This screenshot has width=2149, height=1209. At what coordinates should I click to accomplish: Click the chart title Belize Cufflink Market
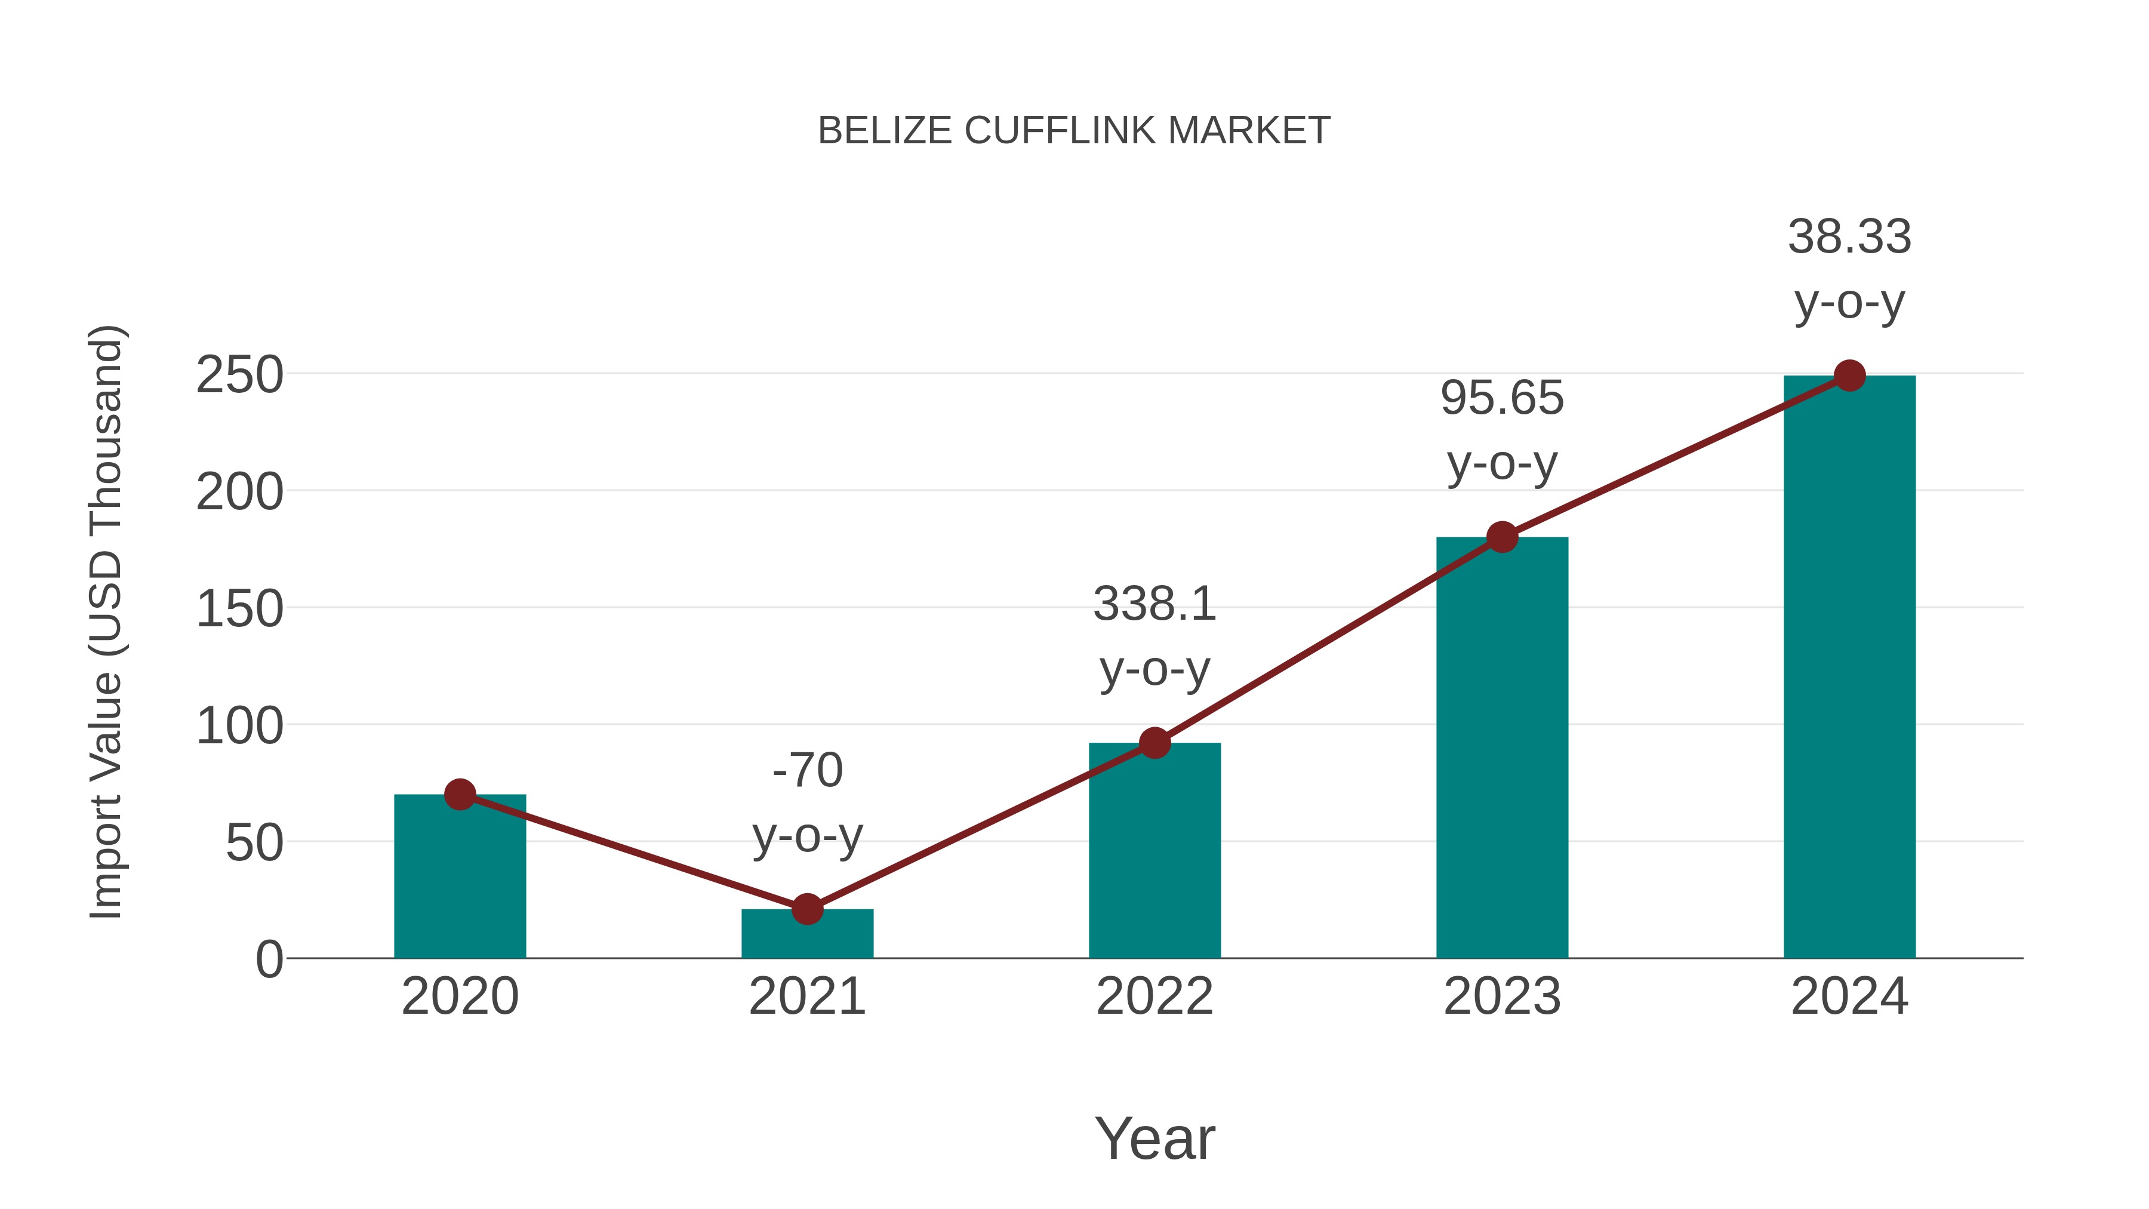[1074, 131]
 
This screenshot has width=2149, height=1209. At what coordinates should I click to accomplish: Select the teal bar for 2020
[460, 884]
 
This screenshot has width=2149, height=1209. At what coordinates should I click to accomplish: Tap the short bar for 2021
[806, 936]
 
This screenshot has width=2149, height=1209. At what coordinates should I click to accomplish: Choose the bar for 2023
[1502, 751]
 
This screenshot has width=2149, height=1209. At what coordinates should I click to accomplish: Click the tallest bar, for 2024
[1849, 667]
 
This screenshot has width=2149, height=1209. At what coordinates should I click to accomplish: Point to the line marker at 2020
[460, 794]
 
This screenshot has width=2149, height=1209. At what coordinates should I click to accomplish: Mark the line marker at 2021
[806, 909]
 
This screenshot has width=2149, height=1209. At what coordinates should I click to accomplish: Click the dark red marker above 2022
[1154, 743]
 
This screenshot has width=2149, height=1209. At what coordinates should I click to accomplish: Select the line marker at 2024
[1849, 376]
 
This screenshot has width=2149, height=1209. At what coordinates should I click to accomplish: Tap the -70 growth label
[806, 770]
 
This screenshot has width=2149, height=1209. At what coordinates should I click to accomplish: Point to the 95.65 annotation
[1502, 398]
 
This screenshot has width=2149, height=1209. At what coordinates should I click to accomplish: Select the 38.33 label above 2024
[1849, 237]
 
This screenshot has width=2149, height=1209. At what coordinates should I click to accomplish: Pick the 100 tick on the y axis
[239, 726]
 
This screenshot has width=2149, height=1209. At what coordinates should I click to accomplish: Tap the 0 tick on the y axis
[269, 959]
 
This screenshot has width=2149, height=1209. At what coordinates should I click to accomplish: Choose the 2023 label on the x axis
[1502, 996]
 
